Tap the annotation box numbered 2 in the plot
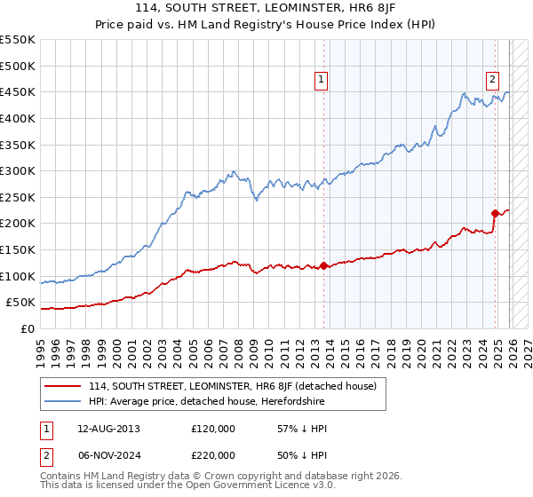click(492, 78)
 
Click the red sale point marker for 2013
click(323, 265)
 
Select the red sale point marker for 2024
click(496, 213)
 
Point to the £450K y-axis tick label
click(18, 91)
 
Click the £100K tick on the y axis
click(18, 276)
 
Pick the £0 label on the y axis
click(28, 328)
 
